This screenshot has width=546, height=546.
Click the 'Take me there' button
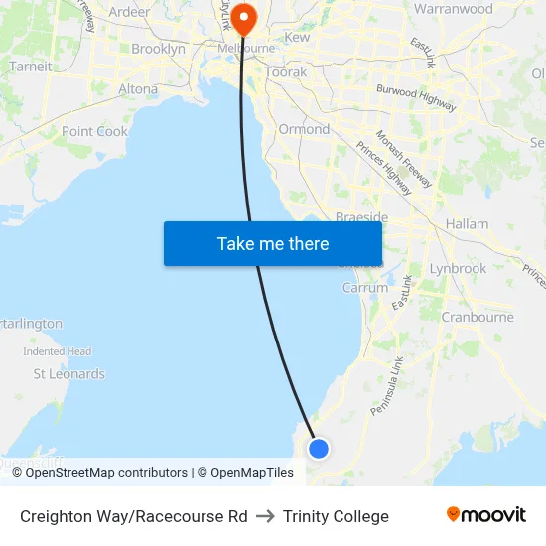[273, 243]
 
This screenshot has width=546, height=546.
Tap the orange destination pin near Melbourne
[243, 19]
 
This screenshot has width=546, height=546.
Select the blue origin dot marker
[318, 449]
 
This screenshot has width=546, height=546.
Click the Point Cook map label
[94, 131]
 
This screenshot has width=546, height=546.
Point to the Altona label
[138, 88]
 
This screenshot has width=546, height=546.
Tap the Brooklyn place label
[158, 49]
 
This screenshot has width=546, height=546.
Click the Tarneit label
[30, 67]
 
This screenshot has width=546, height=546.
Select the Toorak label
[286, 72]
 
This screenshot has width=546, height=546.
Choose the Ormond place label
[304, 129]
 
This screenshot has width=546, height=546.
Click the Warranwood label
[453, 9]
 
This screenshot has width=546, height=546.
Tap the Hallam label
[468, 224]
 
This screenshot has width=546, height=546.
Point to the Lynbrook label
[458, 268]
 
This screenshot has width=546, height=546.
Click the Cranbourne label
[478, 317]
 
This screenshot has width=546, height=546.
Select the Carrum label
[364, 288]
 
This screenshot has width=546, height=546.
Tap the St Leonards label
[69, 374]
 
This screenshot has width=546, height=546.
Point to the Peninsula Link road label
[386, 386]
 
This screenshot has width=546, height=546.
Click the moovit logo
[485, 514]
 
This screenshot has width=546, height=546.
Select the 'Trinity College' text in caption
[336, 516]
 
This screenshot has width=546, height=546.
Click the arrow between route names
[265, 516]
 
